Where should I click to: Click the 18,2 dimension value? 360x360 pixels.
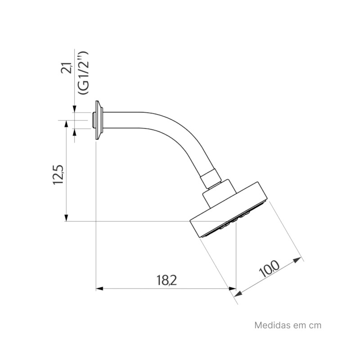tap(166, 280)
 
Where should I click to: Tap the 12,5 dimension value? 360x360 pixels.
tap(58, 175)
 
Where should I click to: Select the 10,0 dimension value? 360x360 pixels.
tap(269, 269)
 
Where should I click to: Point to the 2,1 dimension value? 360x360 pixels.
tap(67, 68)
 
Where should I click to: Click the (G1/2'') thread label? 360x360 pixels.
tap(83, 73)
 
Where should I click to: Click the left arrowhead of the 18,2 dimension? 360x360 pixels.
tap(99, 288)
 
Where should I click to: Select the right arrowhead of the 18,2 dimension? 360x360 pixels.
tap(233, 288)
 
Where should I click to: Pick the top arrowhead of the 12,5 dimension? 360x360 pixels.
tap(66, 124)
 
